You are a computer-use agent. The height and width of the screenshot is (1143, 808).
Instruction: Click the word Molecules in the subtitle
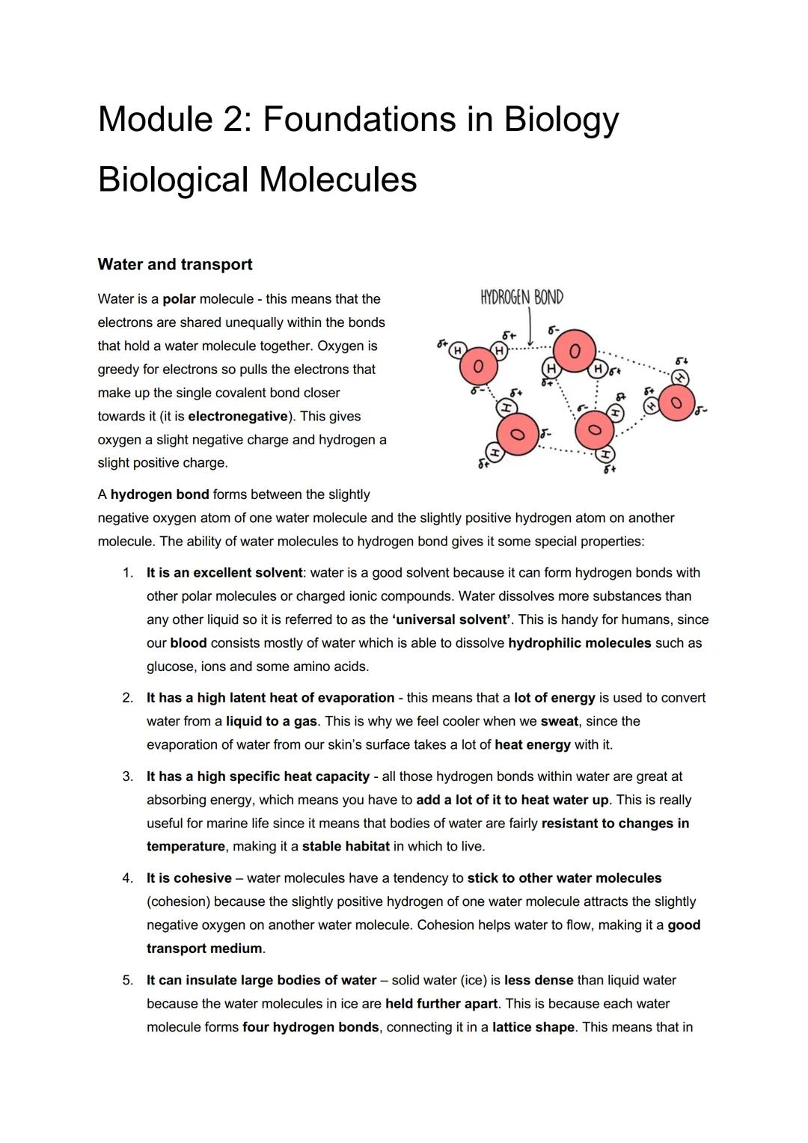click(337, 180)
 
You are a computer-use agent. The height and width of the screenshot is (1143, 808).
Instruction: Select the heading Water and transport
click(174, 264)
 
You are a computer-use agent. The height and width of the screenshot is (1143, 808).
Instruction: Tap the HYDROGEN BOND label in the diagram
click(521, 298)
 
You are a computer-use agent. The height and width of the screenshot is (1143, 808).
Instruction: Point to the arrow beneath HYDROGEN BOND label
click(530, 327)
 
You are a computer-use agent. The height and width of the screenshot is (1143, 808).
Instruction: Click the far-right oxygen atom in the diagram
click(676, 403)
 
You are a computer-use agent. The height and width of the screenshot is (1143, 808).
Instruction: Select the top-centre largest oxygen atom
click(574, 351)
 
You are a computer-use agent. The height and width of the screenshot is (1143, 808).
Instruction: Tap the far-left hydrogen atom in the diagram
click(456, 349)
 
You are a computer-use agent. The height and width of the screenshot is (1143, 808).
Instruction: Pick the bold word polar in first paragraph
click(179, 299)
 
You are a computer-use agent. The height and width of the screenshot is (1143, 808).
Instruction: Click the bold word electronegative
click(238, 416)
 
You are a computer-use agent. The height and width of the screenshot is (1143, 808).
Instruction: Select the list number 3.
click(128, 776)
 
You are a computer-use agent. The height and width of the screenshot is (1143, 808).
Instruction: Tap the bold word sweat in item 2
click(559, 721)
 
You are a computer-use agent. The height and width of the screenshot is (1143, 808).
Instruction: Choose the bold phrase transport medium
click(204, 949)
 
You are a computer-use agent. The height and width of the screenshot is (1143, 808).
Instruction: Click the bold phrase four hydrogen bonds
click(310, 1027)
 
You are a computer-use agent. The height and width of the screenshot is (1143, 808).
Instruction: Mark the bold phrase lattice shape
click(533, 1027)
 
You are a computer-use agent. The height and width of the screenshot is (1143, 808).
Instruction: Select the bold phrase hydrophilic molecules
click(579, 643)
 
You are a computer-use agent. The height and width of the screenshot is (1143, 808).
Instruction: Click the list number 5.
click(128, 980)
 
